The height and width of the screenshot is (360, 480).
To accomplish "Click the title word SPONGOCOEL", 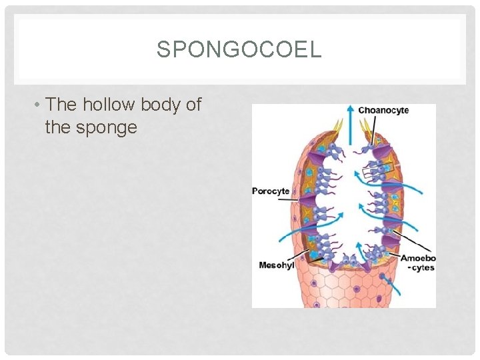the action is tap(239, 49).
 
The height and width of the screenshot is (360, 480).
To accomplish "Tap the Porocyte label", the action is tap(270, 191).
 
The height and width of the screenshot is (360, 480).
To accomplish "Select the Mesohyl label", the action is tap(276, 265).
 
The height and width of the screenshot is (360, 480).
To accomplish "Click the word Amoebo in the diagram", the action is tap(417, 258).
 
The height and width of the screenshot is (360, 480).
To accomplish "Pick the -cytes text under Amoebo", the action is tap(420, 268).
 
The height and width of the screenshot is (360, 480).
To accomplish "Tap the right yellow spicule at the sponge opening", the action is tap(365, 127).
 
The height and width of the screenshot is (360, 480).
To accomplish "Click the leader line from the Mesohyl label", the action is tap(301, 257).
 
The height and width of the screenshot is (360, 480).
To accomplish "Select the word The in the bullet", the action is tap(63, 105).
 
